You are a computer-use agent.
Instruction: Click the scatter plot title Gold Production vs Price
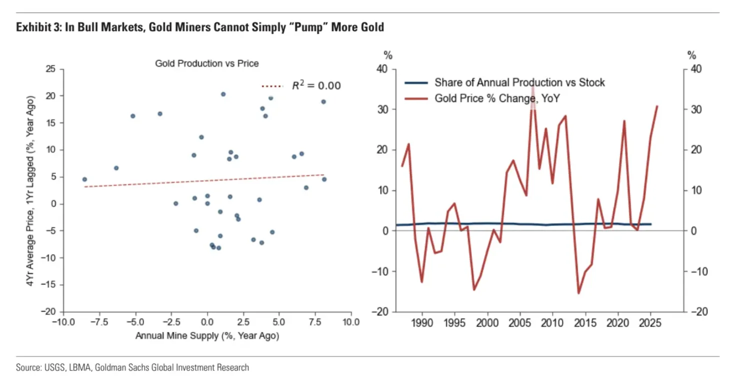pos(206,63)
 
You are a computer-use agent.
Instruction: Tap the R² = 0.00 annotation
pos(316,86)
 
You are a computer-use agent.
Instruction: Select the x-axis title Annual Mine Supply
pos(207,336)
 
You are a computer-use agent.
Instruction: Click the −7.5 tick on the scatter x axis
pos(99,322)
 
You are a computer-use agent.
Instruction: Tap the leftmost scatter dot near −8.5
pos(84,179)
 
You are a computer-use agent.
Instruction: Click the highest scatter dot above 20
pos(223,94)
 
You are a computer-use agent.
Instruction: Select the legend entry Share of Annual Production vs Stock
pos(519,82)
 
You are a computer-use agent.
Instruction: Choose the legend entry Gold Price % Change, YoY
pos(497,99)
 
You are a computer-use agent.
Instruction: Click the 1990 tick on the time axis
pos(422,322)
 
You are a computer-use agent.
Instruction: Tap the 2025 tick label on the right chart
pos(650,322)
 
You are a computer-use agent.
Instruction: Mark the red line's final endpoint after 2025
pos(657,106)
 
